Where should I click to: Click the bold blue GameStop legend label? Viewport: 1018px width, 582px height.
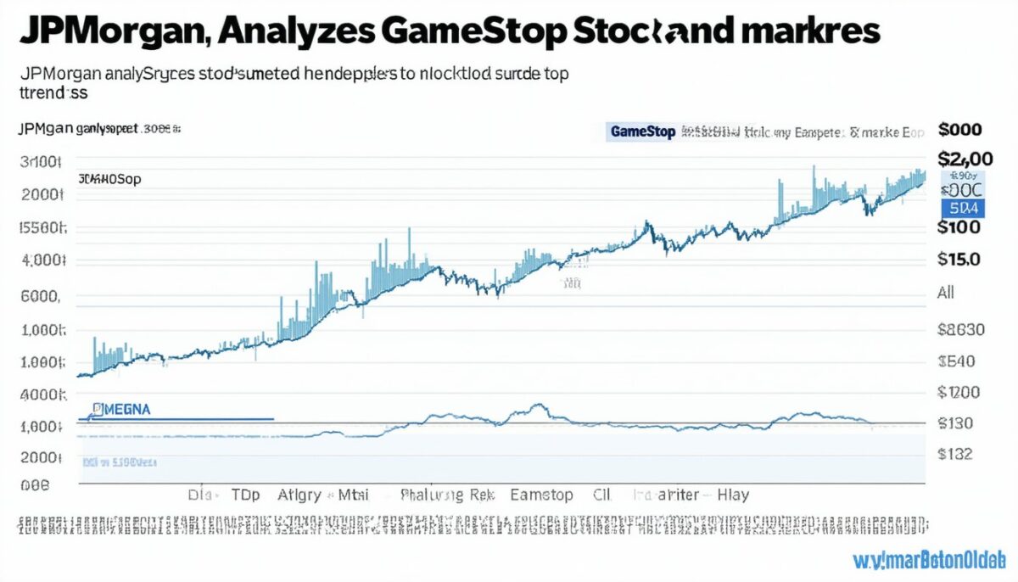tap(641, 132)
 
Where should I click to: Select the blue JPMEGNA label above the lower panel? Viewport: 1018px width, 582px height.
tap(120, 409)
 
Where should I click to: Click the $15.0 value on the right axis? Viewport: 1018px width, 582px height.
tap(959, 260)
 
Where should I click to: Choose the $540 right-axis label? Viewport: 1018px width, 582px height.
tap(957, 362)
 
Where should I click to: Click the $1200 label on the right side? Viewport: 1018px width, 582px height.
tap(959, 392)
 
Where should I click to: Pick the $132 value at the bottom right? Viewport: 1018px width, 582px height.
tap(955, 454)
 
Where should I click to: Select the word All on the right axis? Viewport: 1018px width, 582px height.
tap(946, 293)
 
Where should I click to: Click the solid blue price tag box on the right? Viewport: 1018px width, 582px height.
tap(962, 206)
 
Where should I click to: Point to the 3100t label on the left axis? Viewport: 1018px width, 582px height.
tap(41, 162)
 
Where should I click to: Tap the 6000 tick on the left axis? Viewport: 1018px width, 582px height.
tap(41, 297)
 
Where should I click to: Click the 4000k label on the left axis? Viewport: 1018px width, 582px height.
tap(41, 395)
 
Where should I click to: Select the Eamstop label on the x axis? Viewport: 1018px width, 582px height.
tap(541, 495)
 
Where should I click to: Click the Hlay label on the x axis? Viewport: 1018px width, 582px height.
tap(733, 495)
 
